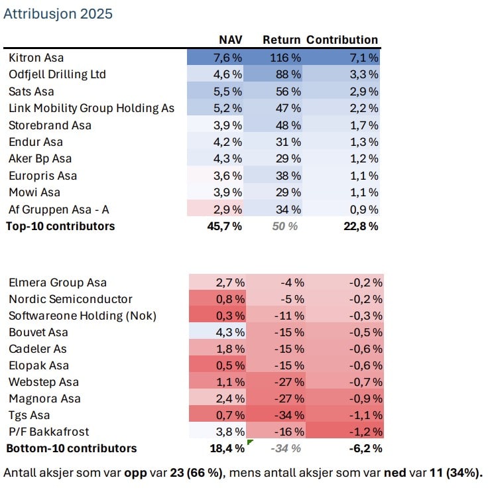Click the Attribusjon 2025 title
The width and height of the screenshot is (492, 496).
tap(58, 14)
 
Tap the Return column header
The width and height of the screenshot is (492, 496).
tap(281, 40)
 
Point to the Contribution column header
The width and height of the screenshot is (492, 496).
tap(342, 40)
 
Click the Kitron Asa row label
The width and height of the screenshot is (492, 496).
tap(36, 58)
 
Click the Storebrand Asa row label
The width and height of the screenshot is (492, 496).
tap(50, 125)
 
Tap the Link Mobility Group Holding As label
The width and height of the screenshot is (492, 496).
tap(91, 108)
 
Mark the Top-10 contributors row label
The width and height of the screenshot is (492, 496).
tap(60, 226)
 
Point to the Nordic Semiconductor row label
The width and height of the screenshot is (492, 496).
tap(70, 299)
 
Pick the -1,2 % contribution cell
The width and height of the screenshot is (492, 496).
tap(365, 432)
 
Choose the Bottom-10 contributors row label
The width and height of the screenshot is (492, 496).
tap(71, 448)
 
